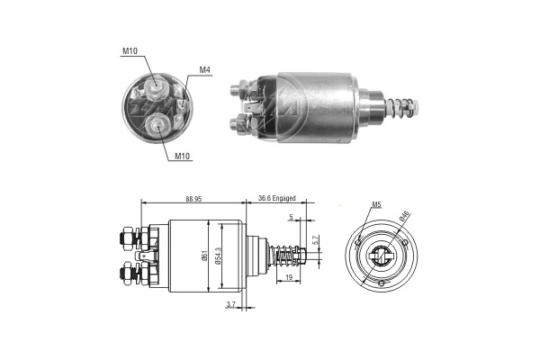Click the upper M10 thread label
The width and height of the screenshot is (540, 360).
[131, 51]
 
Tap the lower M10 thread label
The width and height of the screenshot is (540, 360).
[183, 156]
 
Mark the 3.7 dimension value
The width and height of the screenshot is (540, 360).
[230, 306]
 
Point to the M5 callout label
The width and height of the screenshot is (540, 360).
[375, 205]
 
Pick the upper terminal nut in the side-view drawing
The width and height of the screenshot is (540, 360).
[124, 239]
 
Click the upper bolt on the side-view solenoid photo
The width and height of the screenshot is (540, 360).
[238, 89]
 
